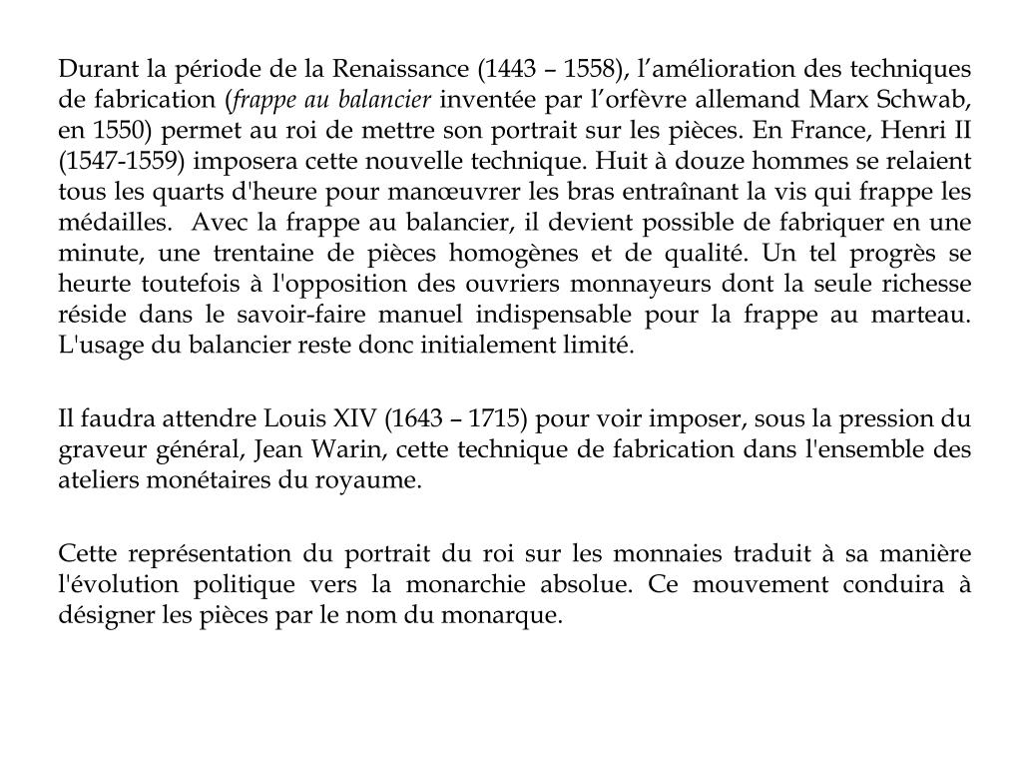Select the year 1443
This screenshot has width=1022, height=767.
point(509,69)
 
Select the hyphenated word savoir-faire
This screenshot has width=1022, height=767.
point(354,315)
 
